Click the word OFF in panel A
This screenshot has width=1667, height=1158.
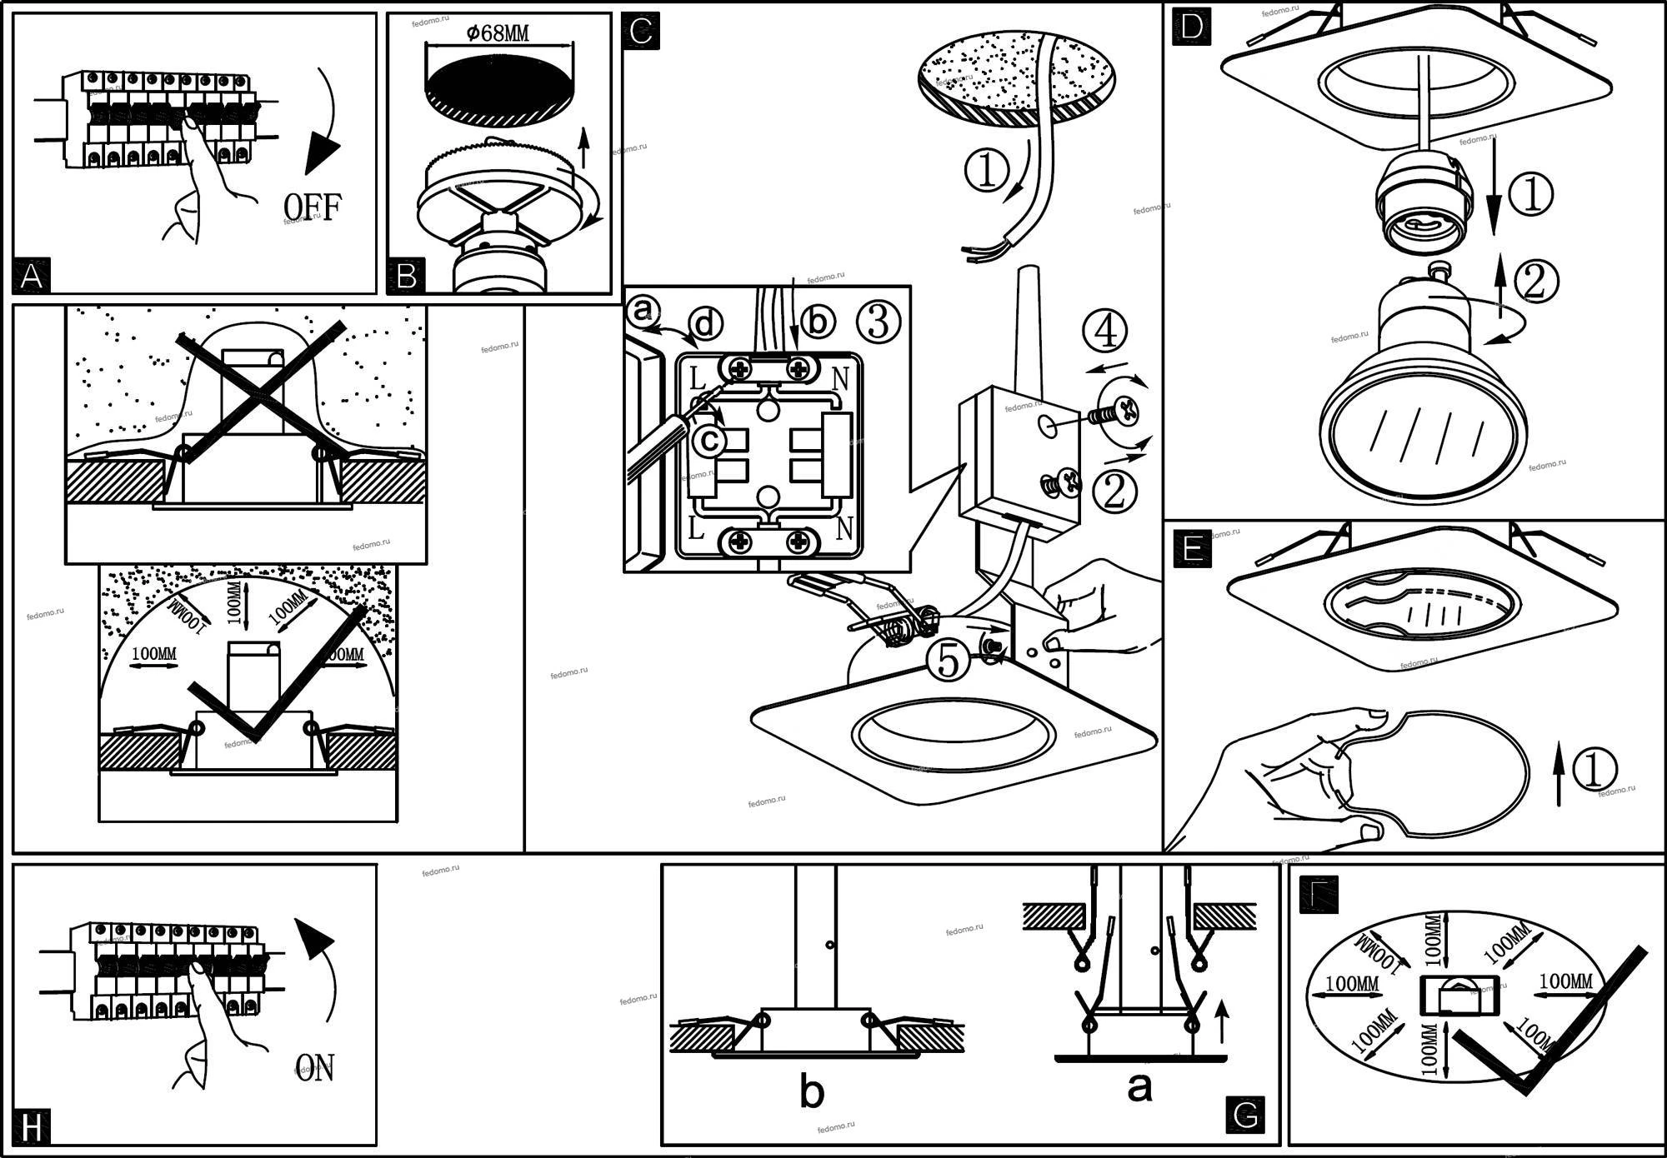[x=313, y=207]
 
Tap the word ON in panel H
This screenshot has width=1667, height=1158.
[x=315, y=1068]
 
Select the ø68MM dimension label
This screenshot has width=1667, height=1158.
[x=498, y=33]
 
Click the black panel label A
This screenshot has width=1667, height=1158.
[x=32, y=276]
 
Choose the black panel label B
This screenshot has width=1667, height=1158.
[x=407, y=276]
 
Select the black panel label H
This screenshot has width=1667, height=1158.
[x=32, y=1128]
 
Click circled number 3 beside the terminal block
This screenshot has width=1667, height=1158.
[x=879, y=322]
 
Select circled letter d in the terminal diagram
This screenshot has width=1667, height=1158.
[x=706, y=323]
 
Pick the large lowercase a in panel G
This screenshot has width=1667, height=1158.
[x=1139, y=1086]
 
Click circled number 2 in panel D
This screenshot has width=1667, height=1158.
[x=1535, y=281]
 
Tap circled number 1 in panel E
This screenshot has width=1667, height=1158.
[x=1593, y=770]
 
